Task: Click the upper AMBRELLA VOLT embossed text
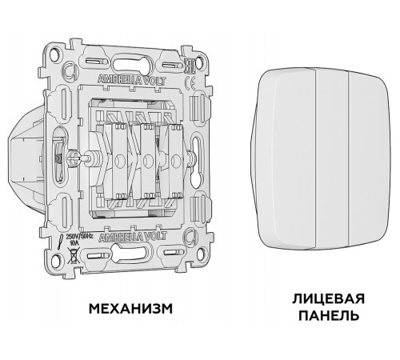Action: [123, 79]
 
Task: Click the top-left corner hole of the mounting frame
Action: [55, 55]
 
